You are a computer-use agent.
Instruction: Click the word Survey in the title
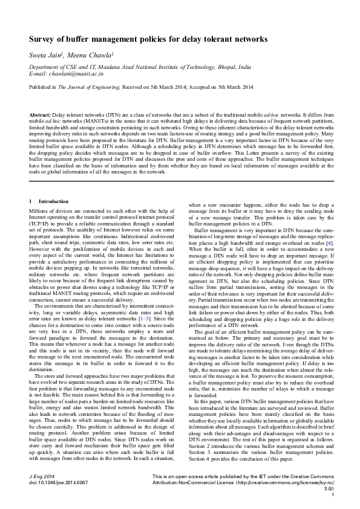click(x=43, y=39)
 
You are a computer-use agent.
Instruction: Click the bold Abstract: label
click(x=40, y=114)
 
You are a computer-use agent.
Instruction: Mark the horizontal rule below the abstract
click(x=180, y=180)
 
